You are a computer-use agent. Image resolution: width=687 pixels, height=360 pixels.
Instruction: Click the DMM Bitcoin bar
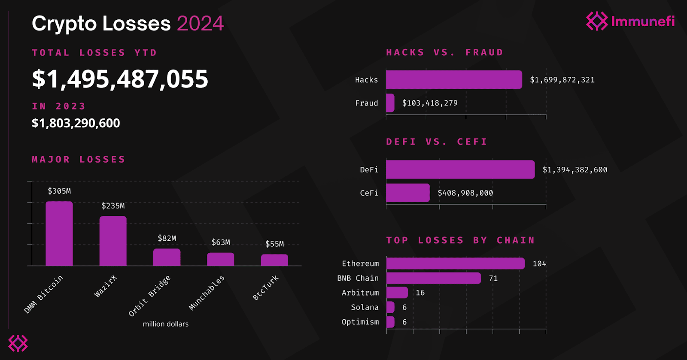coord(59,234)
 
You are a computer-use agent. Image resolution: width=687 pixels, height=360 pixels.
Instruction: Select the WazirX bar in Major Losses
coord(113,241)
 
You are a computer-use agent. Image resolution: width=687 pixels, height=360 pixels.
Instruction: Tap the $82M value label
coord(167,238)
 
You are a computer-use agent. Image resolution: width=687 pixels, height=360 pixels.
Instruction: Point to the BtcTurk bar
coord(274,260)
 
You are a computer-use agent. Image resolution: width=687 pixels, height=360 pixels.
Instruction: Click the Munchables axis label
coord(207,293)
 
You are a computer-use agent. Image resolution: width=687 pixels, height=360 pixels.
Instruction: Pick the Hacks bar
coord(454,80)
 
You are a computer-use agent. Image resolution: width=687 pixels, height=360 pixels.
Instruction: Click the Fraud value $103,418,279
coord(430,103)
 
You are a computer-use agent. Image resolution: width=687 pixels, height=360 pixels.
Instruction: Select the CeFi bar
coord(408,193)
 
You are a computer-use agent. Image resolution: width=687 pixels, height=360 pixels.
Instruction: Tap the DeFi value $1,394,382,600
coord(575,170)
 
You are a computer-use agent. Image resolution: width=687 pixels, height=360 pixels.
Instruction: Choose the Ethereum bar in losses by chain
coord(455,263)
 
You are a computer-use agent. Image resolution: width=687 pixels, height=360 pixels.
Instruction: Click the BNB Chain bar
coord(434,278)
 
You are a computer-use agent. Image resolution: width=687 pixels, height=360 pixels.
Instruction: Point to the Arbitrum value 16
coord(420,293)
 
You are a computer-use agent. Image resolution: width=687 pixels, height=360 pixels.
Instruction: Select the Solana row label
coord(365,307)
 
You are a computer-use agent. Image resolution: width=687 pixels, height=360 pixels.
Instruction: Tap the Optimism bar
coord(390,322)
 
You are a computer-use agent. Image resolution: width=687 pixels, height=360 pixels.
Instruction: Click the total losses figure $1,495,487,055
coord(120,79)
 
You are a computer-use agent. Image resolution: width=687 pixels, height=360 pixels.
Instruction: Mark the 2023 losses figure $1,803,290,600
coord(76,123)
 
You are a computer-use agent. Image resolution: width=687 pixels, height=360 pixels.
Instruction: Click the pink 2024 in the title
coord(200,24)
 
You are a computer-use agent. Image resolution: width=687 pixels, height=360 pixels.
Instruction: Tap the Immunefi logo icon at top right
coord(597,21)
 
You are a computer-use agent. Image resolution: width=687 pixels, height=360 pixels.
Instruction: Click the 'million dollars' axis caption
coord(166,324)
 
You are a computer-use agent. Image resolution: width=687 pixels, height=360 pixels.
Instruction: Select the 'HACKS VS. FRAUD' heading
coord(445,52)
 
